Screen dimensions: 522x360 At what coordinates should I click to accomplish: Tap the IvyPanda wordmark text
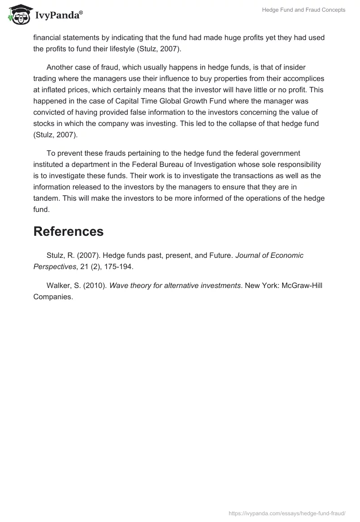click(x=58, y=15)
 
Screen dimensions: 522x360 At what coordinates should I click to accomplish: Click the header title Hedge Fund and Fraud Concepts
click(x=304, y=10)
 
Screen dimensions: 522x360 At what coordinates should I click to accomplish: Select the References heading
click(x=68, y=231)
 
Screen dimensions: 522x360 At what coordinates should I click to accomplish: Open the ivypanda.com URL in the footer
click(x=287, y=513)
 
